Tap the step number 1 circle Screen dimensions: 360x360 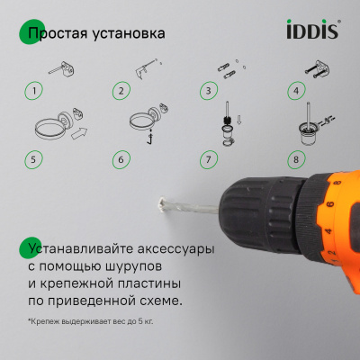pos(34,91)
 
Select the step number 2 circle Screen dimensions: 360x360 pos(121,91)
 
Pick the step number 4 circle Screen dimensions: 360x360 pos(294,91)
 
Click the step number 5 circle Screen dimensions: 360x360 pos(34,160)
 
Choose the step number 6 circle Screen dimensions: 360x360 pos(121,160)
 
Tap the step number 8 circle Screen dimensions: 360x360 pos(294,160)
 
